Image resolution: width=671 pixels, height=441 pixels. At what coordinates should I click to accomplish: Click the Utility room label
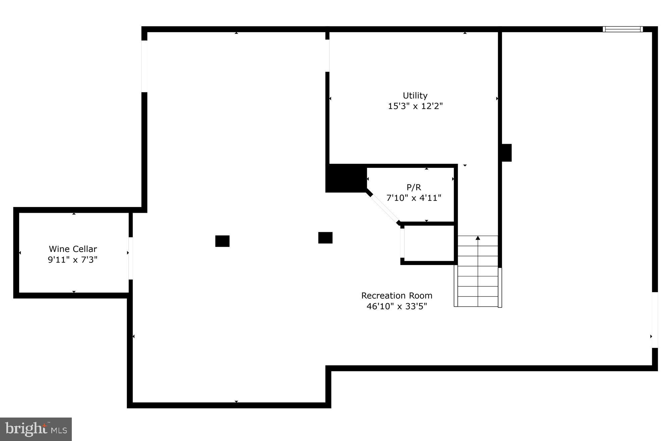tap(415, 96)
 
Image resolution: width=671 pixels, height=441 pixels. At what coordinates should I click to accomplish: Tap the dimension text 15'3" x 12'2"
tap(415, 106)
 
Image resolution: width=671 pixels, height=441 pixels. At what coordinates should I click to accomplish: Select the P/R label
tap(414, 187)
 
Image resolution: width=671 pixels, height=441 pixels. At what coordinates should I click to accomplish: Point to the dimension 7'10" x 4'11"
tap(414, 198)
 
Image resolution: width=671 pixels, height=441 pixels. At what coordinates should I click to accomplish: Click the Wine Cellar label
tap(73, 249)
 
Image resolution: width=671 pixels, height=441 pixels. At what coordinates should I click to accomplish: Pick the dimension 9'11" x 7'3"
tap(73, 260)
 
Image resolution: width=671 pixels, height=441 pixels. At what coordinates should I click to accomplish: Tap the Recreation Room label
tap(397, 296)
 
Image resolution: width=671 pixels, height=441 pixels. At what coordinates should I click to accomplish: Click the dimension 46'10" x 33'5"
tap(397, 306)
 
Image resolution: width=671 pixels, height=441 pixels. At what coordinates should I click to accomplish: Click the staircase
tap(478, 271)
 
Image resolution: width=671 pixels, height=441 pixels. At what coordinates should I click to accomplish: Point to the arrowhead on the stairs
tap(478, 238)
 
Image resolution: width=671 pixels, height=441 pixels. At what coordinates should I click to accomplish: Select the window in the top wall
tap(623, 29)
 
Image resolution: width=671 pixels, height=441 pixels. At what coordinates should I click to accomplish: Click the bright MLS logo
tap(36, 429)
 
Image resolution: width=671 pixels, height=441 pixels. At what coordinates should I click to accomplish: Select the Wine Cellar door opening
tap(131, 258)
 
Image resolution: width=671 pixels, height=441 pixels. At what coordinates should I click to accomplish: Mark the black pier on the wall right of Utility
tap(506, 152)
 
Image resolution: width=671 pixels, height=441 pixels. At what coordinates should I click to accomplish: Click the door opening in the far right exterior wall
tap(655, 320)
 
